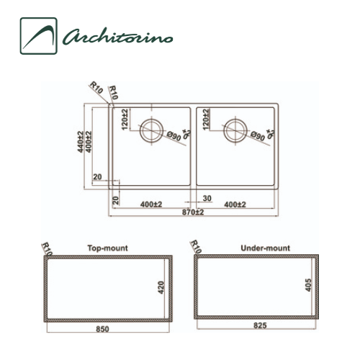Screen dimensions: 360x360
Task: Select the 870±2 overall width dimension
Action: coord(193,213)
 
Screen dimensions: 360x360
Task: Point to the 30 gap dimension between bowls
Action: coord(207,197)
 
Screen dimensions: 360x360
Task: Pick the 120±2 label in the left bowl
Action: coord(125,119)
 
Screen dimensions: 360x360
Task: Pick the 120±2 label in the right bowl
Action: coord(207,119)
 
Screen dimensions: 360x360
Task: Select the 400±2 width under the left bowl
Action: coord(151,204)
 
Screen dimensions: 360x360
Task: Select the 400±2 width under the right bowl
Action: coord(235,204)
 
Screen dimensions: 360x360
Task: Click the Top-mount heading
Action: coord(107,248)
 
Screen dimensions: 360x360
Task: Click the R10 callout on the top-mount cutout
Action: coord(48,249)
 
